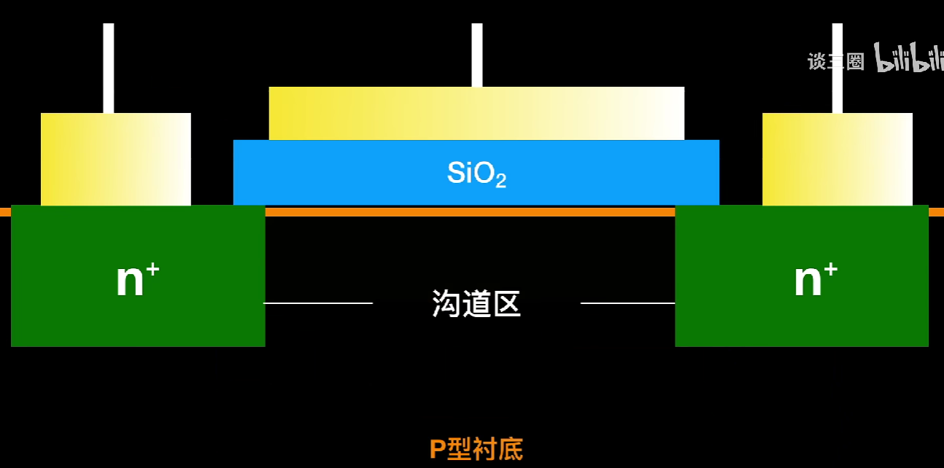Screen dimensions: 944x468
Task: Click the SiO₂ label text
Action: click(x=476, y=173)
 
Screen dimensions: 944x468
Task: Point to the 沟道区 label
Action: click(x=476, y=303)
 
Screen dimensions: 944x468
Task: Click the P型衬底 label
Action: click(x=476, y=449)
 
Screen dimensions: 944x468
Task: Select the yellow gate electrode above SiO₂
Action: click(x=476, y=113)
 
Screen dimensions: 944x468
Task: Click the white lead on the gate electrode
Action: click(x=477, y=55)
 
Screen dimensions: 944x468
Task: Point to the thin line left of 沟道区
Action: click(x=318, y=303)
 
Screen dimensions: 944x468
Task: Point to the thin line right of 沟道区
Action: click(x=627, y=303)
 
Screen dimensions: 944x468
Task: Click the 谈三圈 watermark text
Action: click(x=835, y=61)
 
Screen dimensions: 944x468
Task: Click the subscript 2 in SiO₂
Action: click(x=500, y=182)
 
